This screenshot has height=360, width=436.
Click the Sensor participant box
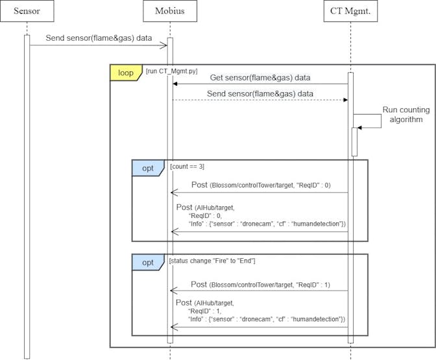click(27, 11)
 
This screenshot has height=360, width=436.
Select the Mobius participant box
click(170, 11)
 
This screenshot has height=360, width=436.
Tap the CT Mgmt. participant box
click(350, 11)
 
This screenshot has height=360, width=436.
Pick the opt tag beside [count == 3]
click(149, 167)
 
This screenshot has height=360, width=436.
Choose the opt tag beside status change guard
click(149, 262)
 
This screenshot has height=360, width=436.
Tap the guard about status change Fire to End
click(212, 261)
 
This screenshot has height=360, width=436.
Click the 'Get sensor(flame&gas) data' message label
click(260, 77)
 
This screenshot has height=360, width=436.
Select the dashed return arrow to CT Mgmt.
click(260, 100)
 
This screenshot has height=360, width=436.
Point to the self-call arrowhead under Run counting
click(361, 128)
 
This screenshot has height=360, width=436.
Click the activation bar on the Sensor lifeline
click(27, 195)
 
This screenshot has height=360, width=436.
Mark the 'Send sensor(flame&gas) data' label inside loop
click(260, 93)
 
